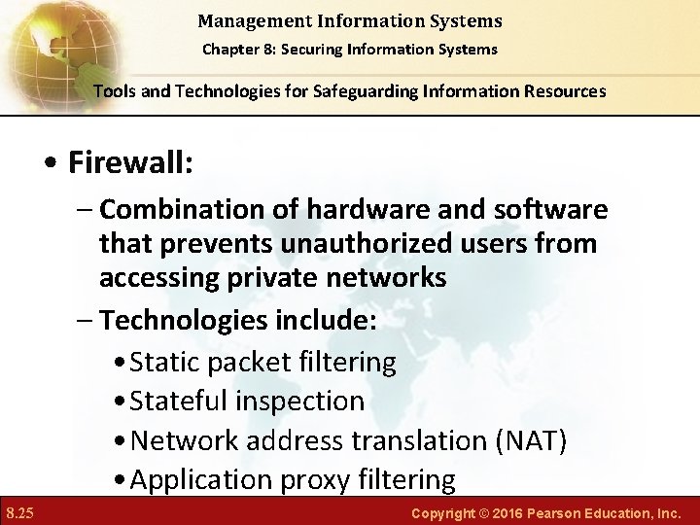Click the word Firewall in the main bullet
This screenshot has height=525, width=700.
click(130, 162)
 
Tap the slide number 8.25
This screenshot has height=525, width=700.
click(20, 511)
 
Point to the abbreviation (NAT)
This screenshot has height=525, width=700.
click(531, 440)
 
